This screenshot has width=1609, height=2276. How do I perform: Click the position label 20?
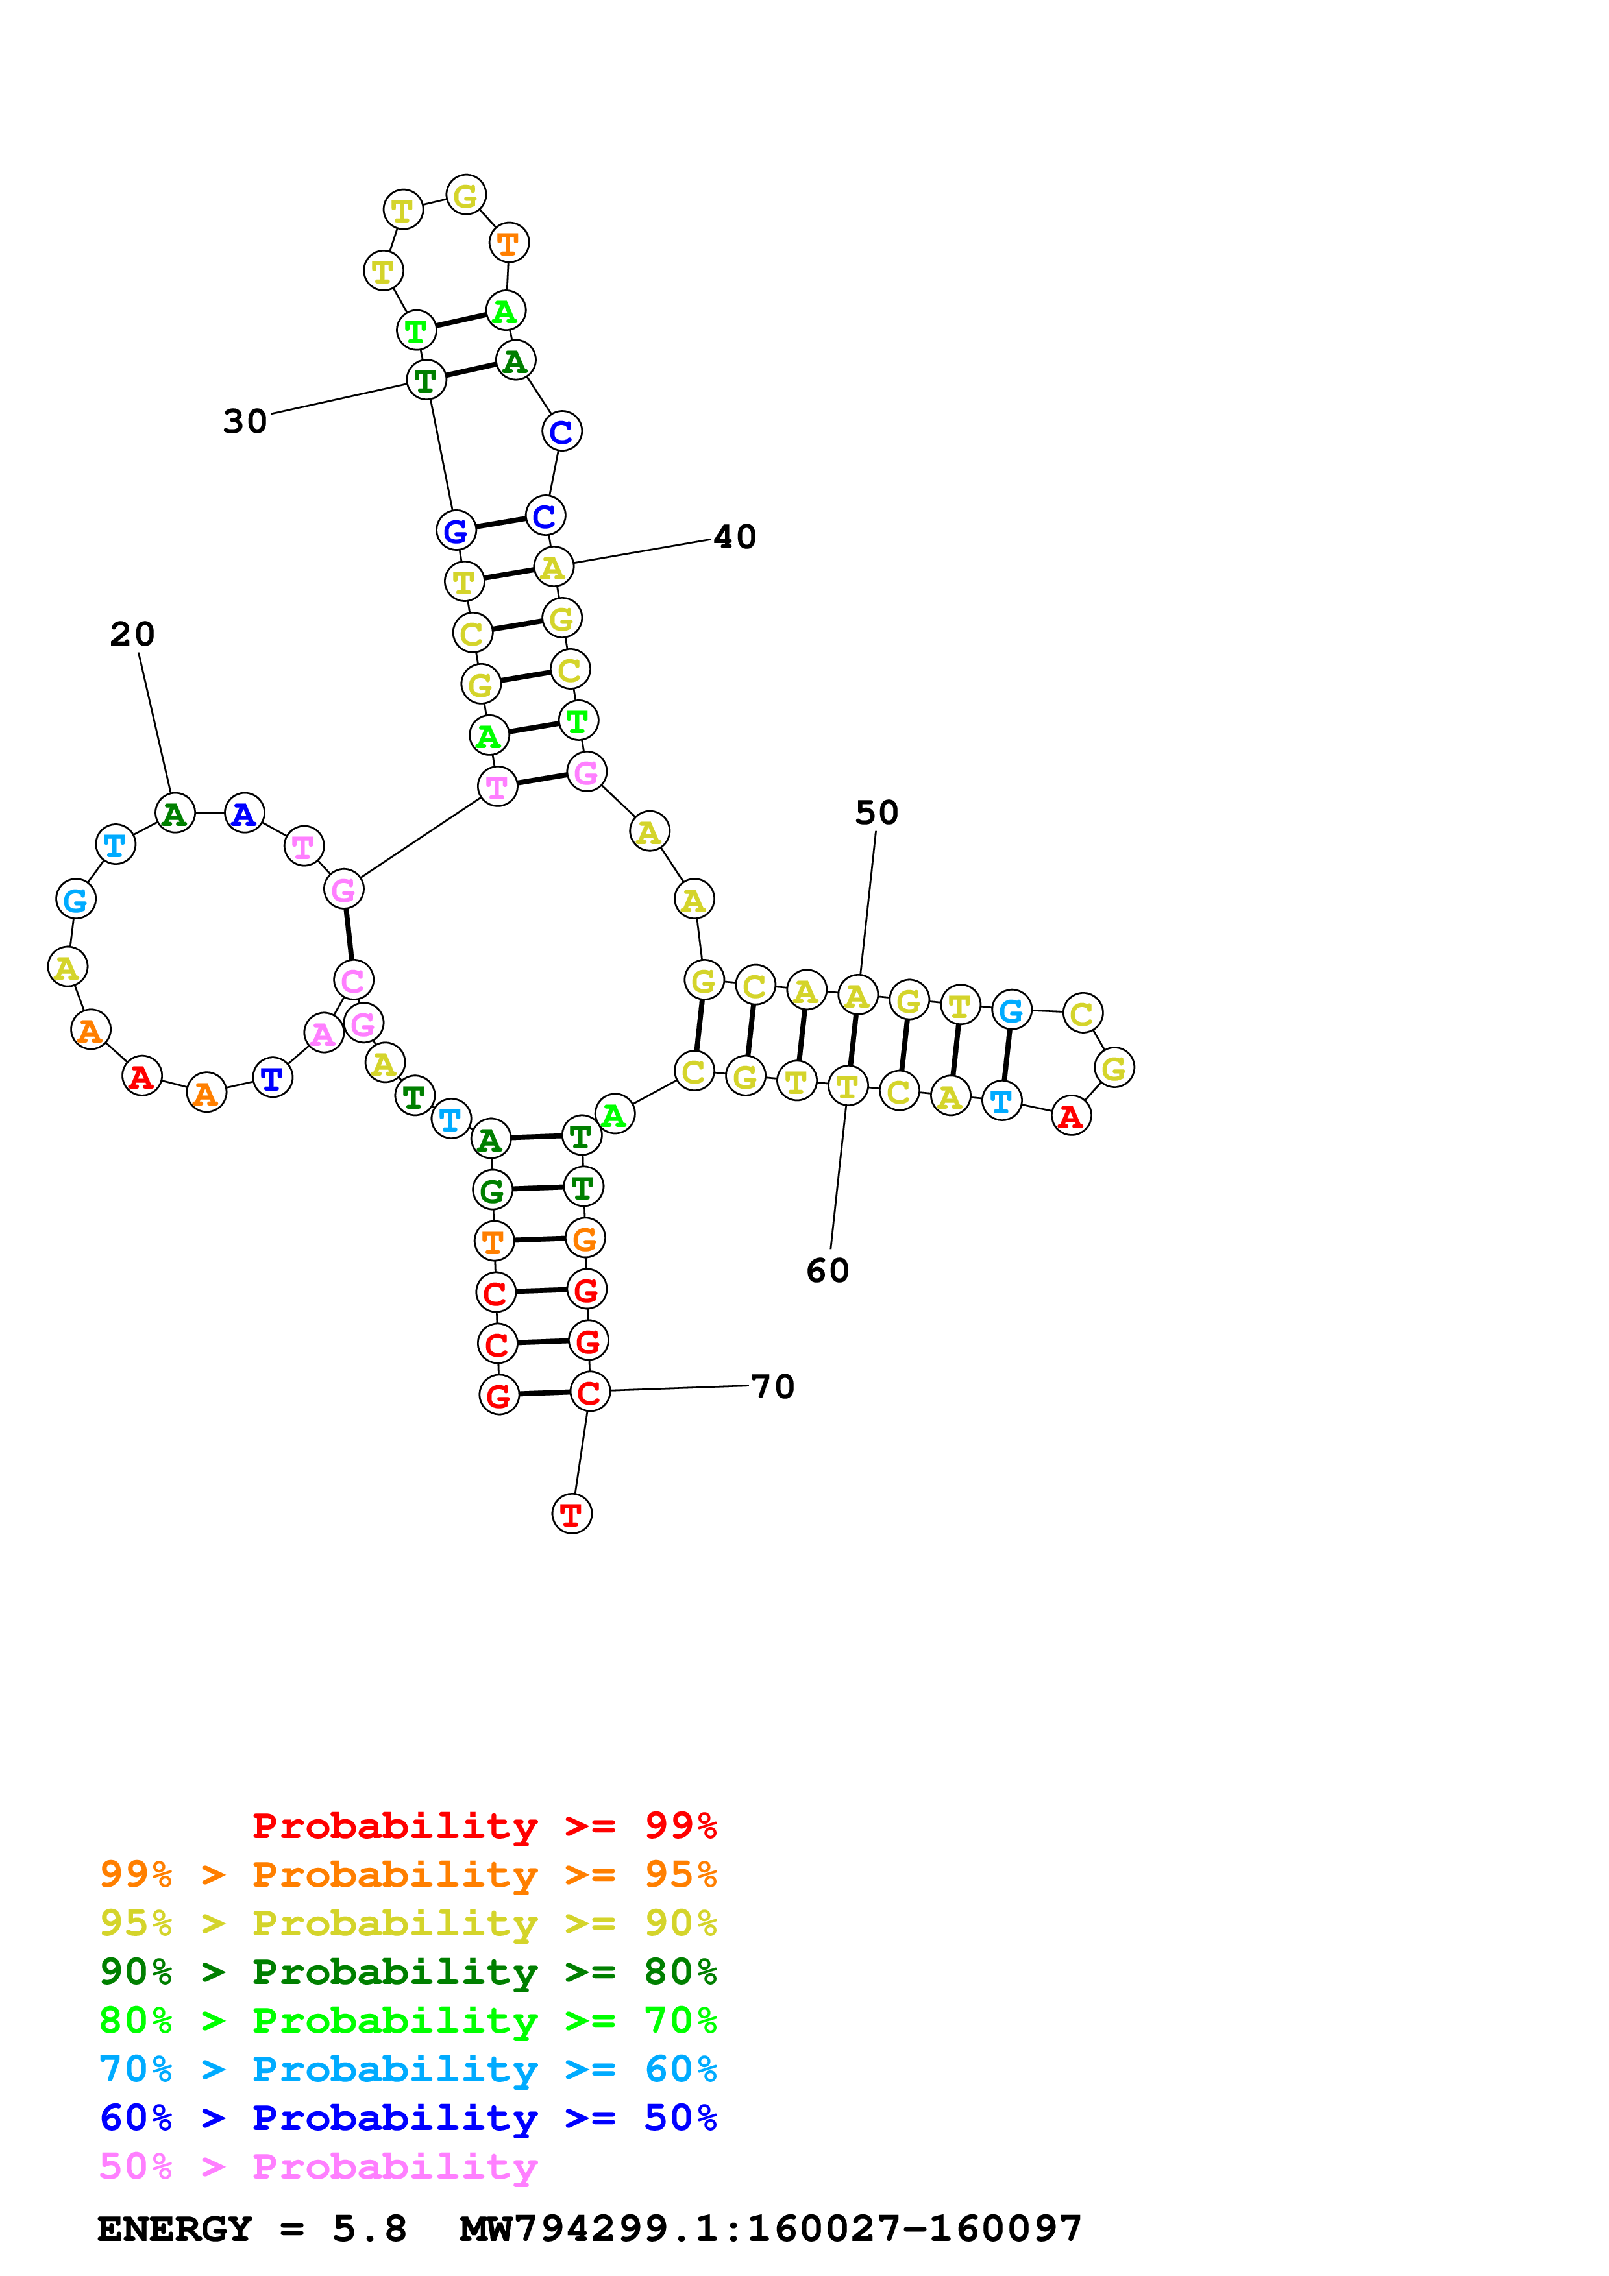tap(132, 635)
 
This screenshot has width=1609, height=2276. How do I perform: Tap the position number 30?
tap(245, 421)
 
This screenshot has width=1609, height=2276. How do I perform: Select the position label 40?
tap(735, 537)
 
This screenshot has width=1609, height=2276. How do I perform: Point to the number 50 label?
tap(876, 813)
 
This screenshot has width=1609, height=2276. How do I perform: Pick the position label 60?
tap(828, 1271)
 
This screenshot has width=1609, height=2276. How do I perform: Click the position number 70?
tap(773, 1386)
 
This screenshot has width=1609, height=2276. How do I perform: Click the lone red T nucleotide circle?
tap(571, 1514)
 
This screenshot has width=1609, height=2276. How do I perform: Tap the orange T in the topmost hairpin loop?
tap(509, 243)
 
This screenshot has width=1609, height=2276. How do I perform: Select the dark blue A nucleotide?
tap(244, 814)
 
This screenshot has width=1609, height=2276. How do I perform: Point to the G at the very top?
tap(465, 195)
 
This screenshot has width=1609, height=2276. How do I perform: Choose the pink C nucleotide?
tap(353, 980)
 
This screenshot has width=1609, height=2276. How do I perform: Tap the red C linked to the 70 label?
tap(589, 1392)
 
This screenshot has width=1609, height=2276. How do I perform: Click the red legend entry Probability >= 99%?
tap(485, 1825)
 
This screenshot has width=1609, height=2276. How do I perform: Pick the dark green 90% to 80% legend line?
tap(408, 1972)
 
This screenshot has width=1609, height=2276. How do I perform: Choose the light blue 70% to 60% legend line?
tap(408, 2069)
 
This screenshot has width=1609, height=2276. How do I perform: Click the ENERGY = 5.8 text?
tap(252, 2229)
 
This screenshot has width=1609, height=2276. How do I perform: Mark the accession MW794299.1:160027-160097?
tap(770, 2229)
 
